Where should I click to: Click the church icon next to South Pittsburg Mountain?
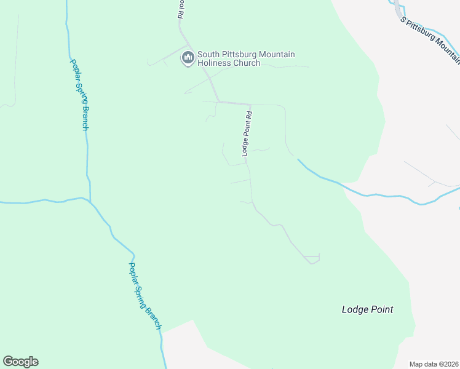pyautogui.click(x=188, y=58)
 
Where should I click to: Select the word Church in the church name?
pyautogui.click(x=246, y=63)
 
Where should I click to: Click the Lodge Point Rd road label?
pyautogui.click(x=246, y=133)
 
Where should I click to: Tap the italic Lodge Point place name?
pyautogui.click(x=367, y=310)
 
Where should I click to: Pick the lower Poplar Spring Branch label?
pyautogui.click(x=145, y=296)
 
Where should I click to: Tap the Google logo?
pyautogui.click(x=20, y=362)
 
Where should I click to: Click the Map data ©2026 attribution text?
pyautogui.click(x=434, y=364)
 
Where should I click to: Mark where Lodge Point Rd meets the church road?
pyautogui.click(x=250, y=104)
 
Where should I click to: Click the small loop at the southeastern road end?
pyautogui.click(x=313, y=260)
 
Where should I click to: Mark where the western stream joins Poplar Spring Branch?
pyautogui.click(x=90, y=202)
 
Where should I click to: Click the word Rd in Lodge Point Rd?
pyautogui.click(x=248, y=115)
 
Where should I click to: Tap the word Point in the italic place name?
pyautogui.click(x=381, y=310)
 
